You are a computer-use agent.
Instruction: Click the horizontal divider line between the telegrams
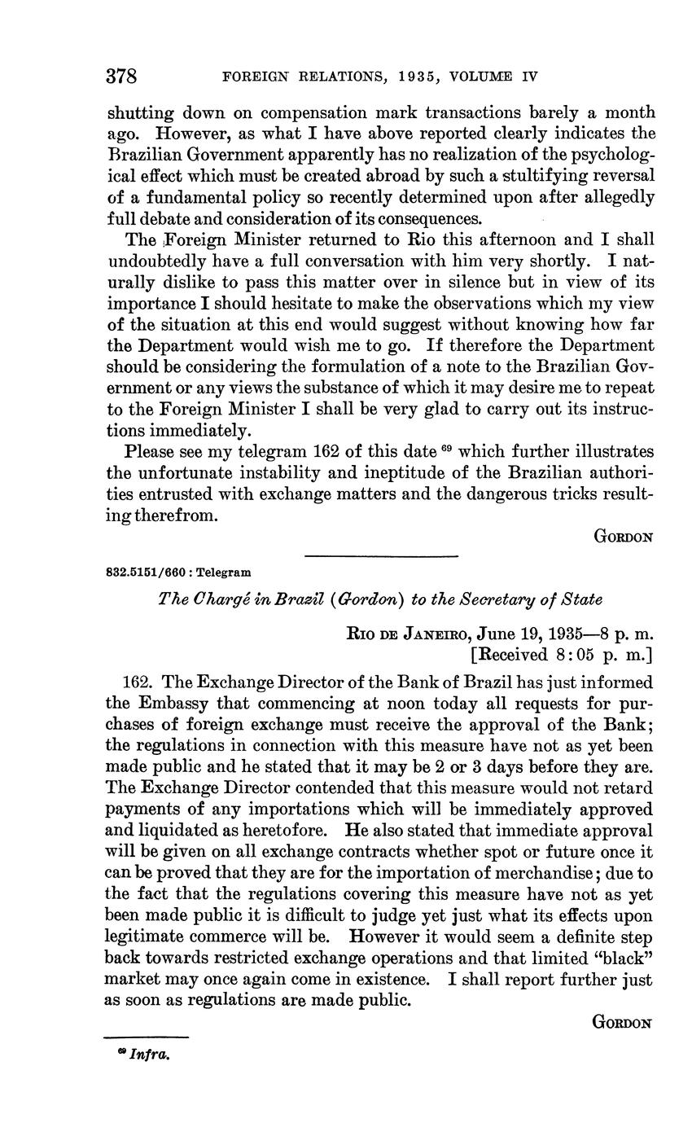(x=381, y=556)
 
